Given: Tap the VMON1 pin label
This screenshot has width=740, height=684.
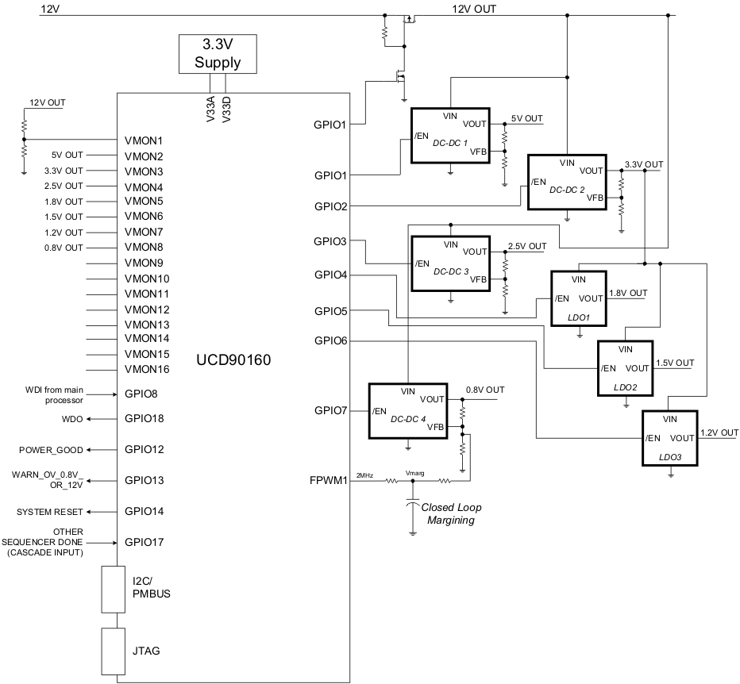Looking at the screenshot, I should click(x=143, y=140).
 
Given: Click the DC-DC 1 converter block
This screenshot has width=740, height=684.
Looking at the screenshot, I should click(x=450, y=136).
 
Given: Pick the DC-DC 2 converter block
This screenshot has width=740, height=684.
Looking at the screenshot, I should click(x=567, y=182).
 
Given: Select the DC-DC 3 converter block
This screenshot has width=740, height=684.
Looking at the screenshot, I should click(x=450, y=263).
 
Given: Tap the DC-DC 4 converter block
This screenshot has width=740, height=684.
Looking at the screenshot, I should click(x=408, y=411).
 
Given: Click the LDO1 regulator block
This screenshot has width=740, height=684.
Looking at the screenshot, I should click(x=579, y=298).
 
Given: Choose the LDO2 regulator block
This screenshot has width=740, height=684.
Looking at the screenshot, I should click(x=625, y=368).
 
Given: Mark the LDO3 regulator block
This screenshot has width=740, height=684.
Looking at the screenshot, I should click(x=670, y=438).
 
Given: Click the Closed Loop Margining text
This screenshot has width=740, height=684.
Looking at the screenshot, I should click(x=451, y=513).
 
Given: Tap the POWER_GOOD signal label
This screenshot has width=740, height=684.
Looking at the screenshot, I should click(x=51, y=450).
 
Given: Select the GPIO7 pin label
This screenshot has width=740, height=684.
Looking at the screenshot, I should click(x=331, y=410).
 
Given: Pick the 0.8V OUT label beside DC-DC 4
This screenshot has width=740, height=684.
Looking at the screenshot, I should click(x=485, y=390).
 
